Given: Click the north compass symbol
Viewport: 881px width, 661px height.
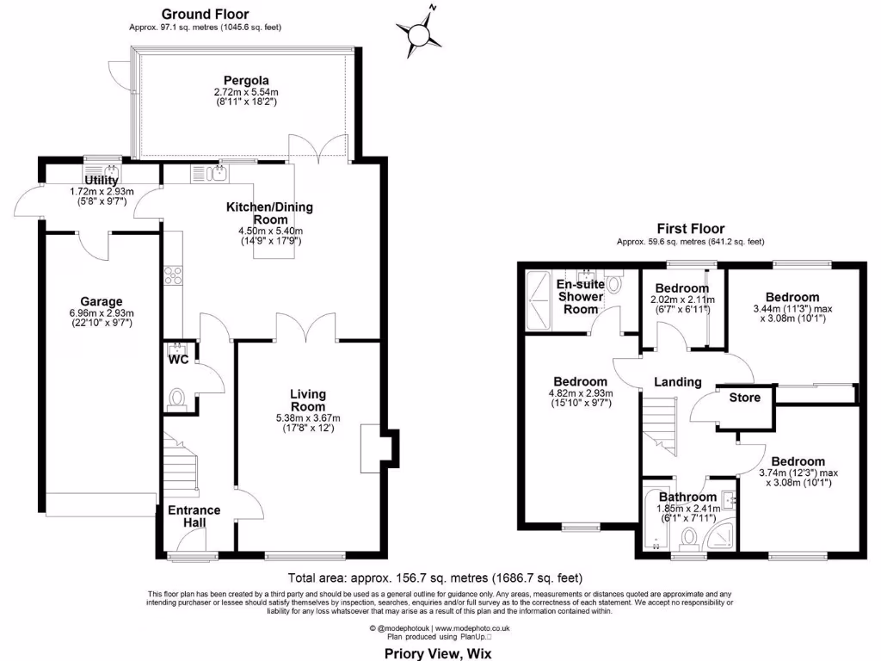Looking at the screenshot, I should coord(419,33).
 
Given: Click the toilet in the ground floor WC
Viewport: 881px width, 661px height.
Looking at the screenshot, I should coord(178,398).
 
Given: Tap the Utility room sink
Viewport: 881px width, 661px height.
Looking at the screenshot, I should coord(109,171).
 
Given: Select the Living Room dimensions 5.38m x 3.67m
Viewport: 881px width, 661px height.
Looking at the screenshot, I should coord(308,418).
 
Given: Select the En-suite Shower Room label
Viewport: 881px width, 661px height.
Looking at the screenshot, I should coord(578,296).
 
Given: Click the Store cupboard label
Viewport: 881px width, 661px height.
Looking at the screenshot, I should coord(744,398).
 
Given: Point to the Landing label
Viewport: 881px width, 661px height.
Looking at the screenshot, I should coord(677,381).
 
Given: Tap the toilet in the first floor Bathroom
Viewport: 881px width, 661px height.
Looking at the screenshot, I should coord(689,539).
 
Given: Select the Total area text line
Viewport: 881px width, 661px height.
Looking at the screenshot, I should coord(441,578).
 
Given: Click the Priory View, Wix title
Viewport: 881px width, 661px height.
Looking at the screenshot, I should coord(438,652).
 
